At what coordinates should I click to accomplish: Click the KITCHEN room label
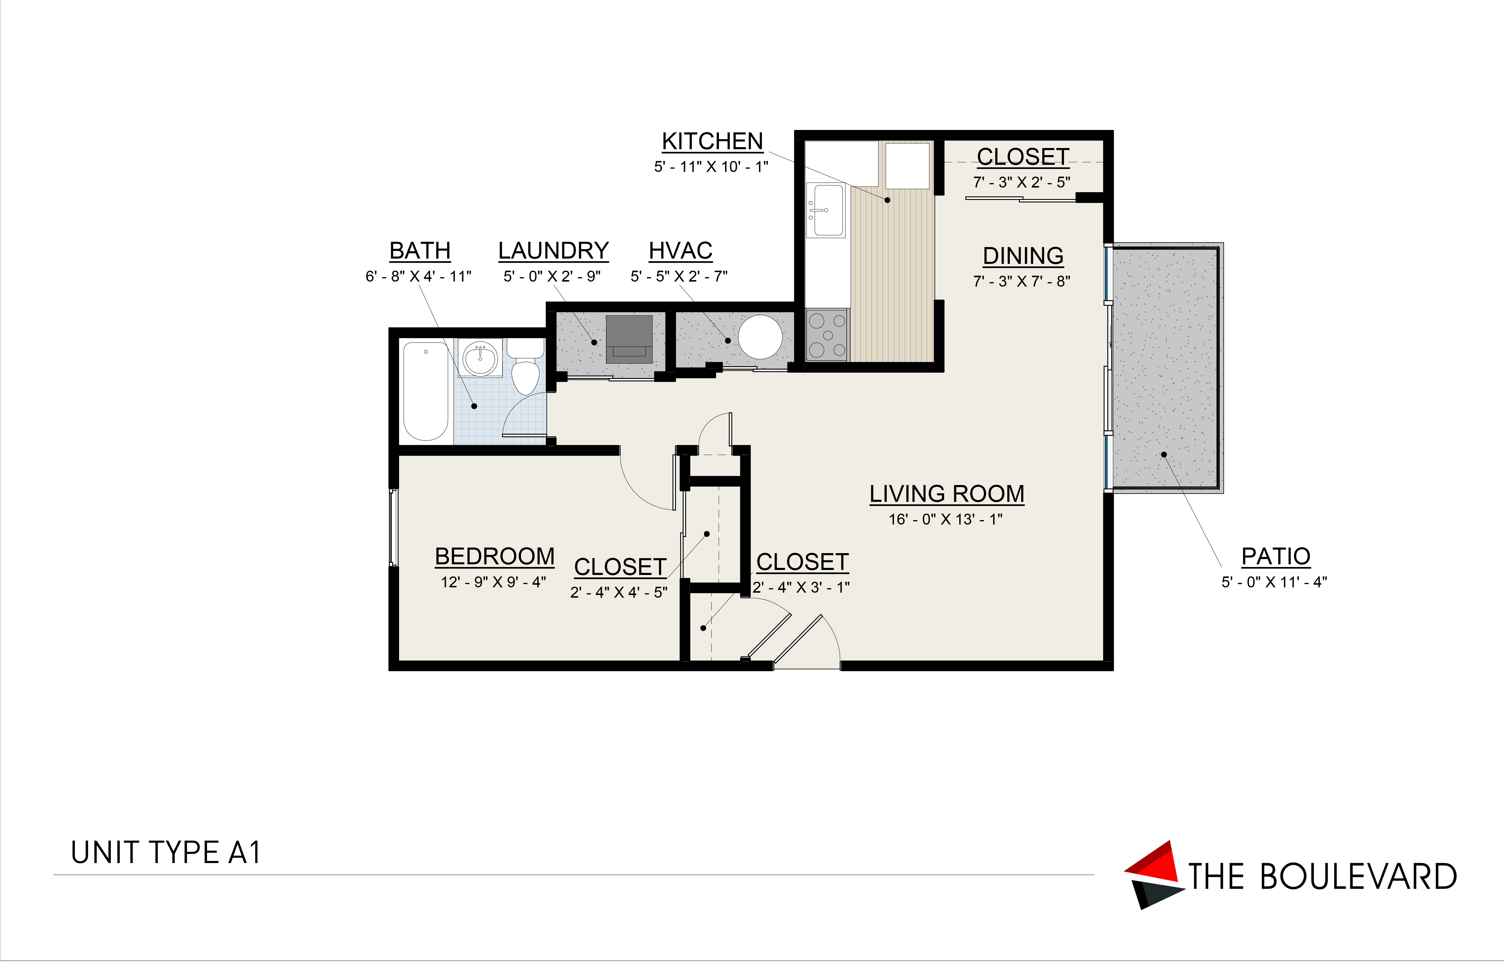712,142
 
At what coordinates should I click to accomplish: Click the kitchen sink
825,210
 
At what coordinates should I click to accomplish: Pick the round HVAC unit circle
760,337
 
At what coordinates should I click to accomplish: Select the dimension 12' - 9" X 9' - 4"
494,582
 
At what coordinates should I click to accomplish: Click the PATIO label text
1276,557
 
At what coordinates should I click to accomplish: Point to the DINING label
1023,256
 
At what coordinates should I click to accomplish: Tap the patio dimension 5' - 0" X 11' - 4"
1274,582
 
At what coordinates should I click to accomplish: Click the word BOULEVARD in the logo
1359,877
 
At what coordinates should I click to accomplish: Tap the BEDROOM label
495,557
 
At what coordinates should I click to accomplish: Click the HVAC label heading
681,251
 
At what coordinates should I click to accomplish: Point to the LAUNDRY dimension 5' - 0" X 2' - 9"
552,276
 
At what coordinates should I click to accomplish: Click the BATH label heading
420,251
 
